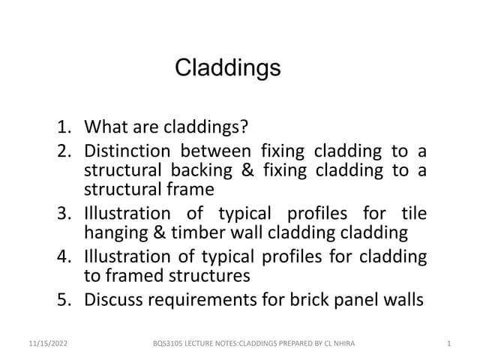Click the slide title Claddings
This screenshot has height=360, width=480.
228,69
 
